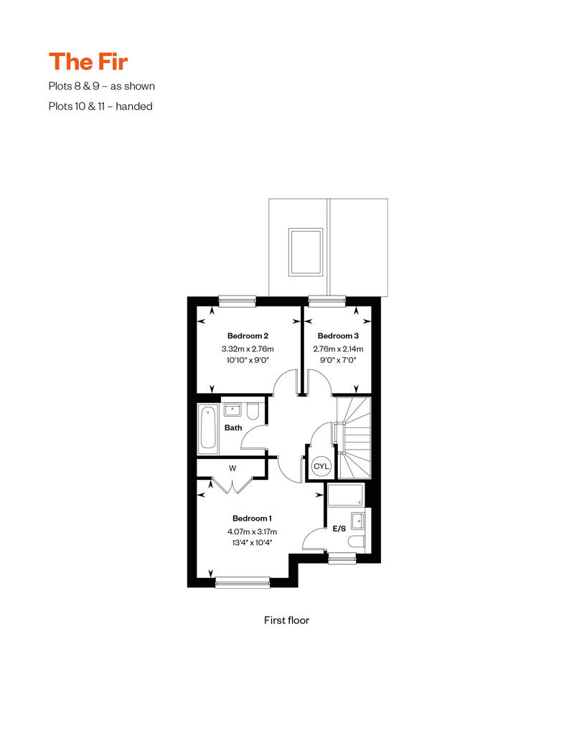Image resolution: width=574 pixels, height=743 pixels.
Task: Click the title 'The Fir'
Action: [88, 62]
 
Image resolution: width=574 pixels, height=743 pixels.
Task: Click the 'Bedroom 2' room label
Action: [248, 336]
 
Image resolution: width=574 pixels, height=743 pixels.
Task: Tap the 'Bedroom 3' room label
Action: [337, 336]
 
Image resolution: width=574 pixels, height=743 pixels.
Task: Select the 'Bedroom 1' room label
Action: [252, 518]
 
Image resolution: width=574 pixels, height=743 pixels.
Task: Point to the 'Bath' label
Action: [233, 428]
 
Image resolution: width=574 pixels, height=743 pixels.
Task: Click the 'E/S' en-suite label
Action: [339, 529]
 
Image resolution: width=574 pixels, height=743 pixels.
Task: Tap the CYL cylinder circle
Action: [321, 467]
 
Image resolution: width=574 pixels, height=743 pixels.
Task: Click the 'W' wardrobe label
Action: [232, 468]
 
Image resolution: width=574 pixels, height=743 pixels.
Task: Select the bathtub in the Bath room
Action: [208, 428]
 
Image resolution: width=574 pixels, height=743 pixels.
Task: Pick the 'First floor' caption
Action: [286, 620]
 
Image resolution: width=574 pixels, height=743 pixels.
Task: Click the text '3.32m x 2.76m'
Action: [248, 349]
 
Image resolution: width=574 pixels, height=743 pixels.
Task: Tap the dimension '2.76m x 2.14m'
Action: [337, 349]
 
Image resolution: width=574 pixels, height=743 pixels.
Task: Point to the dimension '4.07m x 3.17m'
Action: [252, 531]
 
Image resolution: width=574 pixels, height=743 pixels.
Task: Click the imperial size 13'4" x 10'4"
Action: [252, 543]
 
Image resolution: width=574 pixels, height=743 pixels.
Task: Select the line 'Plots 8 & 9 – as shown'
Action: [101, 86]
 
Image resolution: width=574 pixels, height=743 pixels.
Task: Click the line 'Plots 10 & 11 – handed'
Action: [100, 106]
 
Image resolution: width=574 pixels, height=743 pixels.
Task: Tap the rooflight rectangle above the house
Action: [306, 251]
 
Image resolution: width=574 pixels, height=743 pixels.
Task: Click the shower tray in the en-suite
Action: [346, 496]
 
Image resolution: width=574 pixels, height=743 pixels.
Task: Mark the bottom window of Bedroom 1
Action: [243, 583]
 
